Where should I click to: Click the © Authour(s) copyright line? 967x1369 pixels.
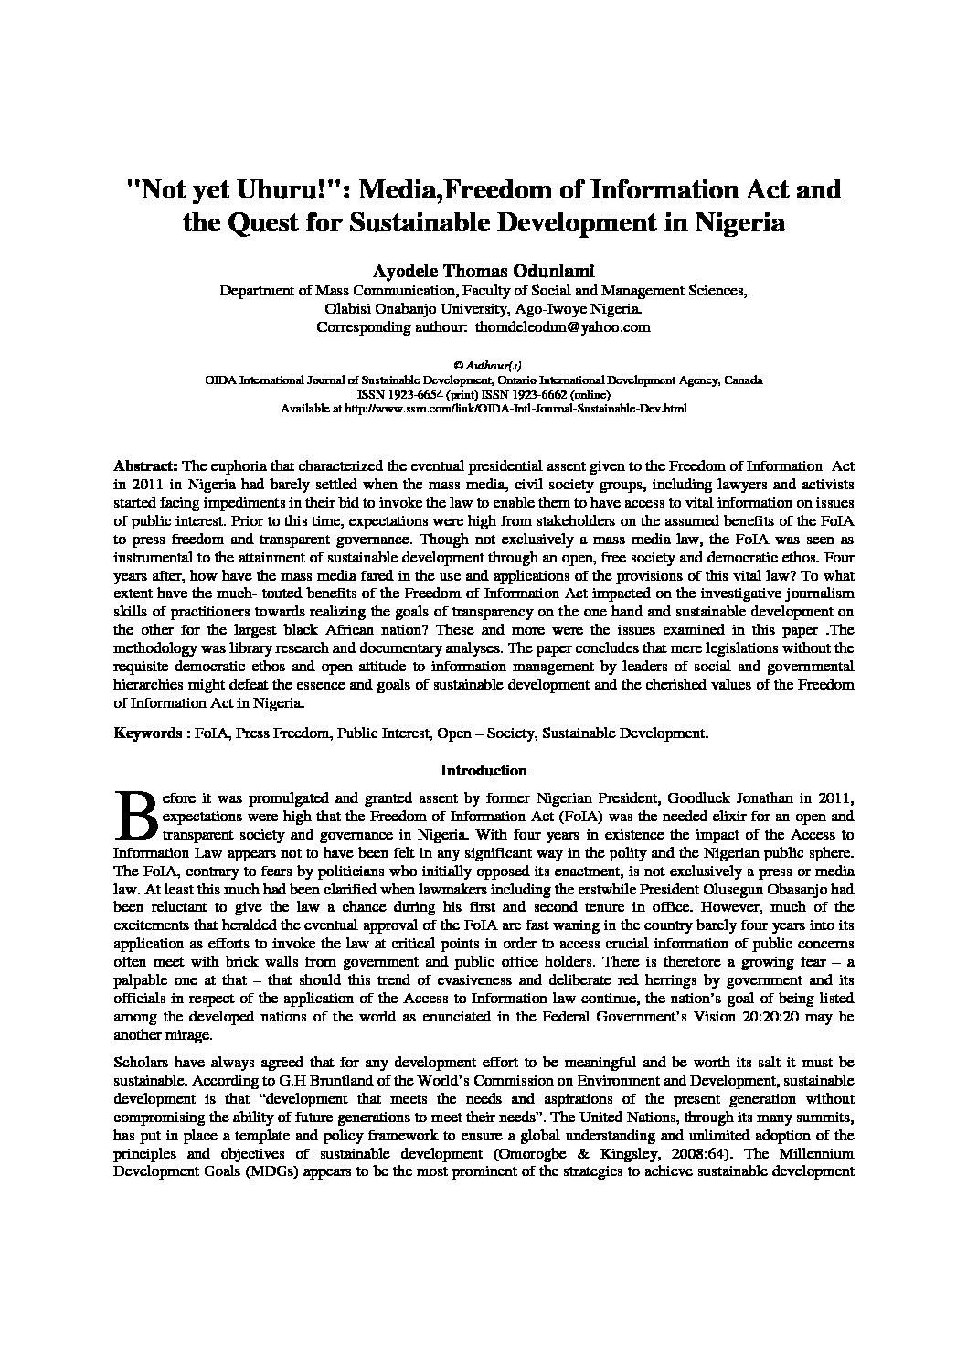pyautogui.click(x=483, y=364)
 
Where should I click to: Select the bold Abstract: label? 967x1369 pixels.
pyautogui.click(x=146, y=466)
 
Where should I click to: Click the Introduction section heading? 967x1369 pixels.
pyautogui.click(x=483, y=770)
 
